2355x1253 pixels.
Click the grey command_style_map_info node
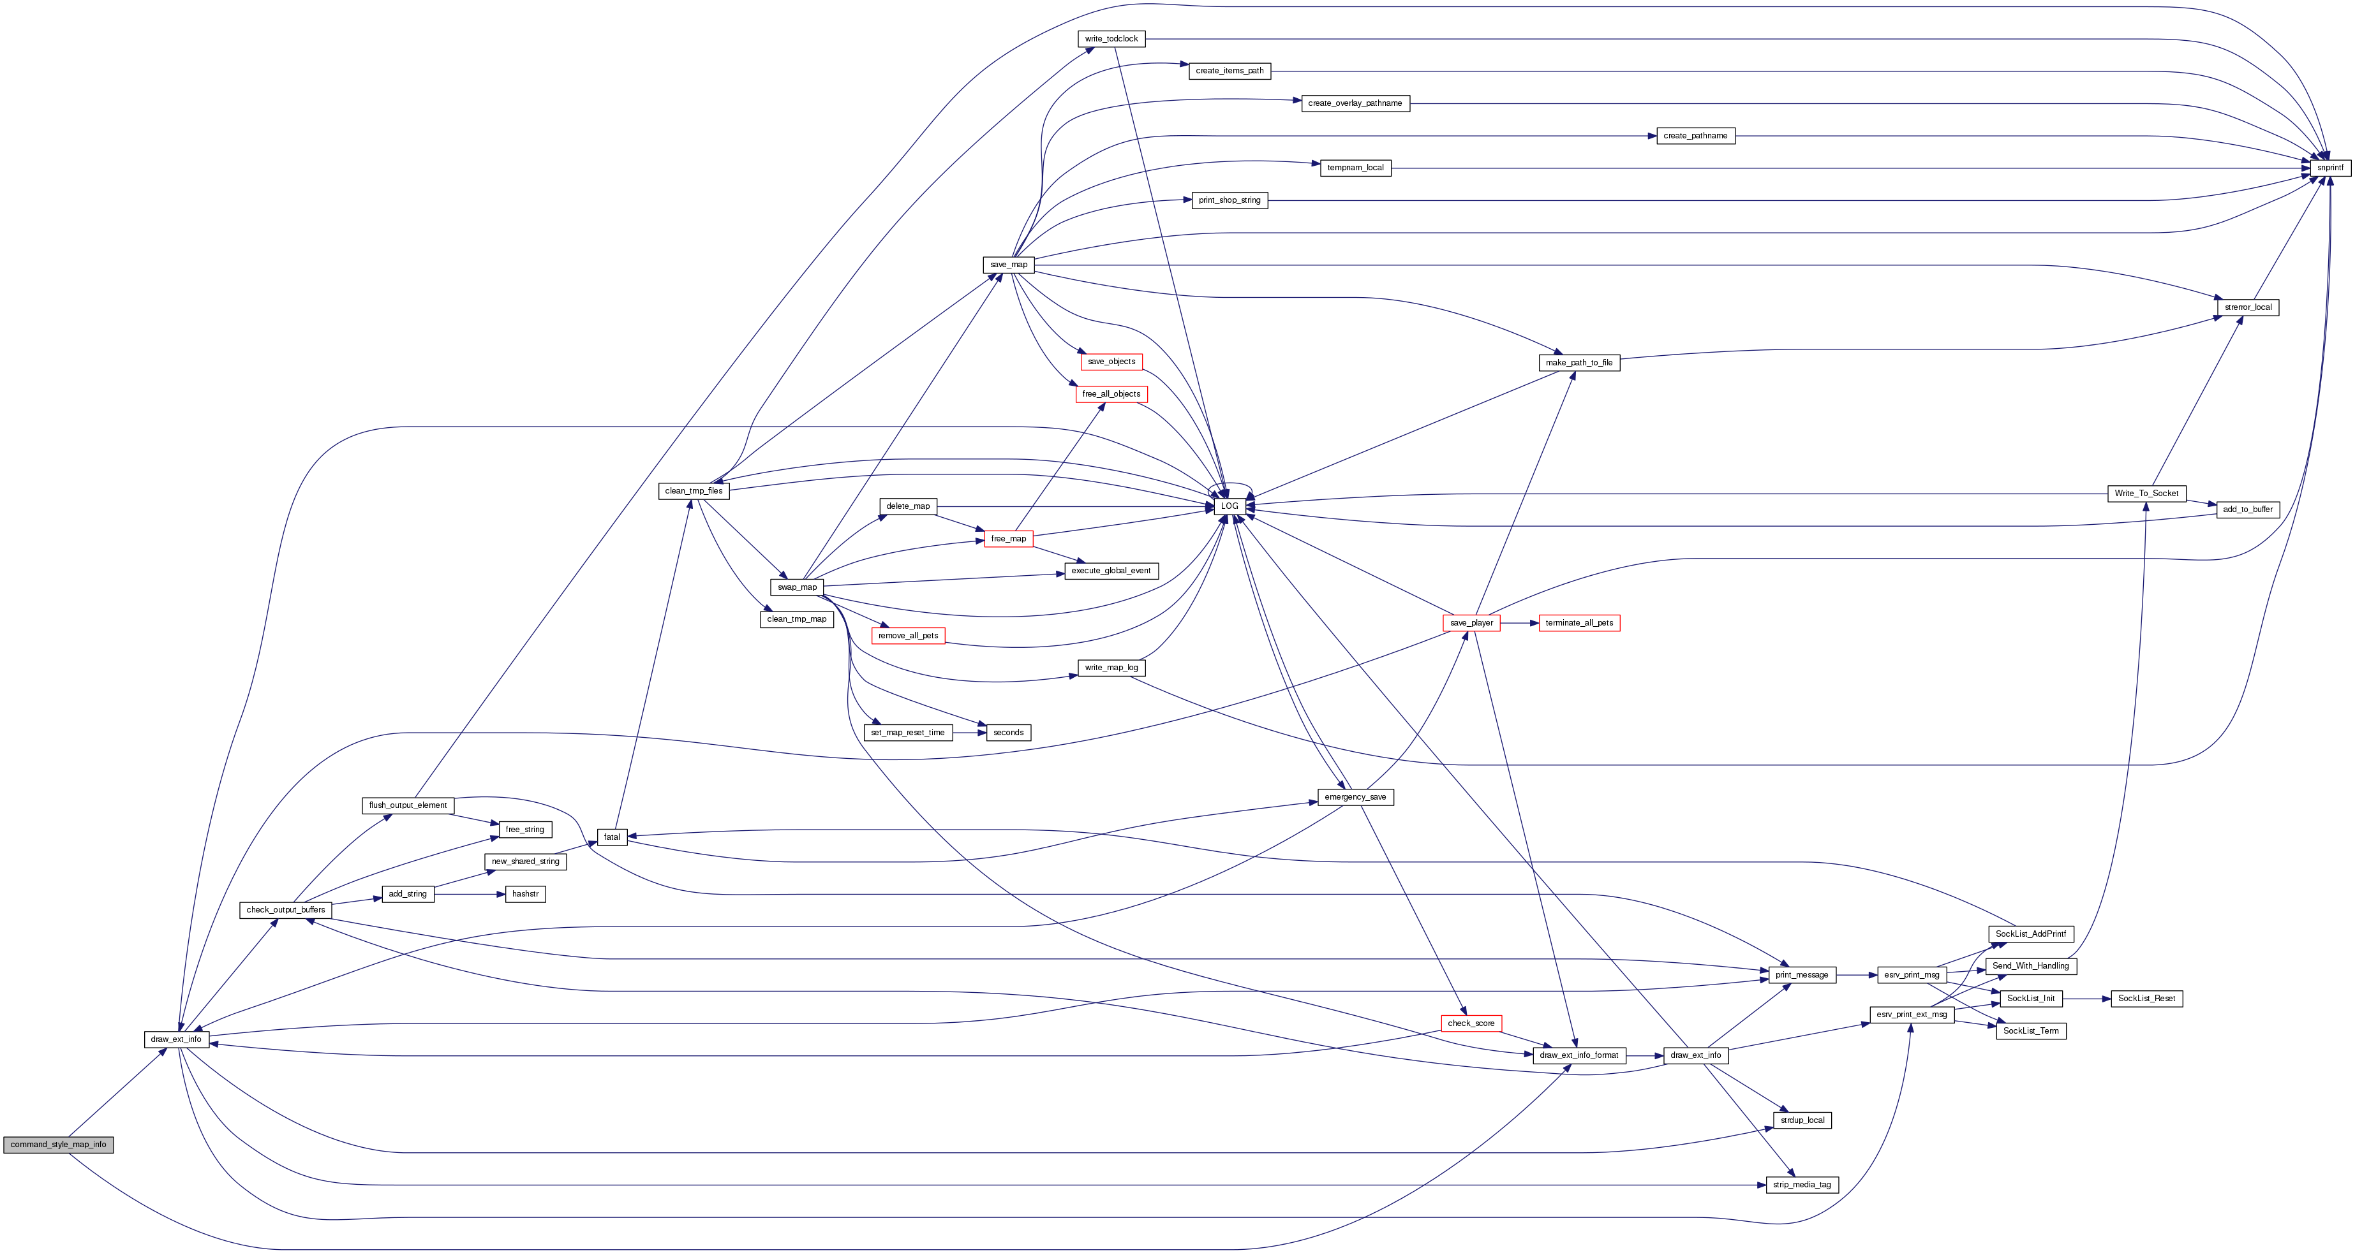59,1144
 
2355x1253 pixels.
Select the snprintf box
2329,168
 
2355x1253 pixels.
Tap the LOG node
1229,506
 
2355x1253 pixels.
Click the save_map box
1008,265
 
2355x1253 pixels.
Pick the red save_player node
1471,623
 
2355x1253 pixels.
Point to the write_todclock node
1111,40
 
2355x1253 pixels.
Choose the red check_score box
1471,1023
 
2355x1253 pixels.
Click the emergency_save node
1355,797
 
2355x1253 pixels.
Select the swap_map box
797,587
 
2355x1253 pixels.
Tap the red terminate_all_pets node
1579,623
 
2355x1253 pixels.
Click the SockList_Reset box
2146,999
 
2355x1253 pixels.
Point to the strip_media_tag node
1802,1185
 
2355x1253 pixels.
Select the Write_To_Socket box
2146,494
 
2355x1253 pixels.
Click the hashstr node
526,894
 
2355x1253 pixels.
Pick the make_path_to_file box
1579,363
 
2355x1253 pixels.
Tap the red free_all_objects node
1111,394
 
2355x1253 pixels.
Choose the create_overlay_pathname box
1355,103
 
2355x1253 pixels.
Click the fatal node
612,837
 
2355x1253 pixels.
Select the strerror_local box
2248,307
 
